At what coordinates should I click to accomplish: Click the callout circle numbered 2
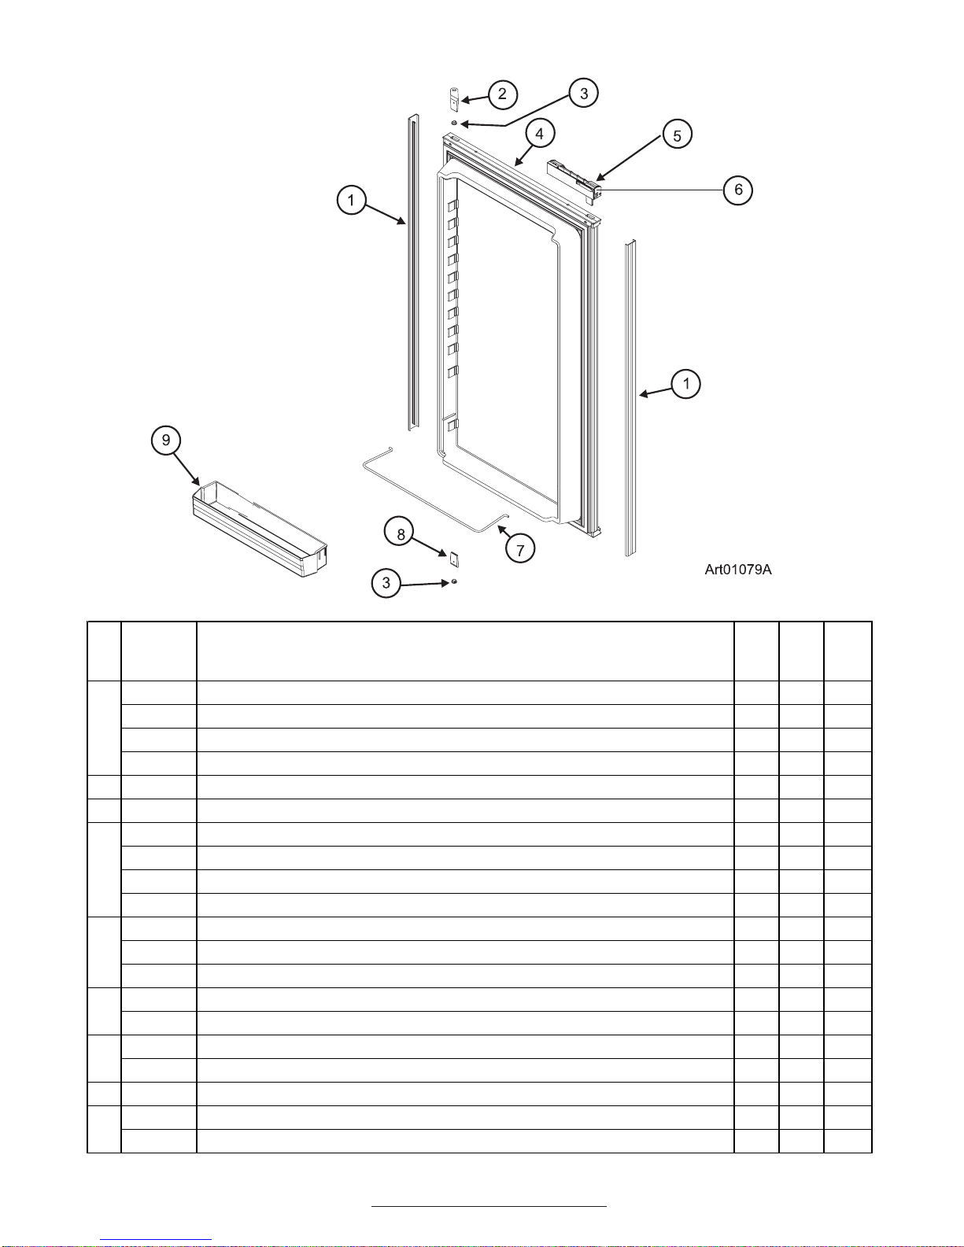(x=502, y=94)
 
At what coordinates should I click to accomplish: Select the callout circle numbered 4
(x=539, y=134)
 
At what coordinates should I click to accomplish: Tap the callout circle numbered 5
(x=677, y=135)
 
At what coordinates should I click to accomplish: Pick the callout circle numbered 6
(x=738, y=190)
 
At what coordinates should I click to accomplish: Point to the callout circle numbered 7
(x=520, y=548)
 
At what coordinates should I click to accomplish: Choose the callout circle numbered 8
(x=401, y=534)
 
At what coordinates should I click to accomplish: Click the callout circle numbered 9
(x=166, y=440)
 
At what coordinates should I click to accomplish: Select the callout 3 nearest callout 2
(x=584, y=94)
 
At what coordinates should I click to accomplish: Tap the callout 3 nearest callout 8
(x=386, y=583)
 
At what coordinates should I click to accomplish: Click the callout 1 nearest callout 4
(x=351, y=200)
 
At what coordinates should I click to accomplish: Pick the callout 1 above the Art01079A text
(x=686, y=384)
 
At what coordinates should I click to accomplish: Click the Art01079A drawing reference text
(x=737, y=570)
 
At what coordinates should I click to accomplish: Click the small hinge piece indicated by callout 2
(x=454, y=100)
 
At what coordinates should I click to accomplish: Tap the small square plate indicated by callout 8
(x=454, y=558)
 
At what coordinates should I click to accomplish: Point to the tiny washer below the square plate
(x=454, y=582)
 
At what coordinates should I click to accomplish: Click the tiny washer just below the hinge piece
(x=454, y=124)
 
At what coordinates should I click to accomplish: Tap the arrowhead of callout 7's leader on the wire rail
(x=500, y=529)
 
